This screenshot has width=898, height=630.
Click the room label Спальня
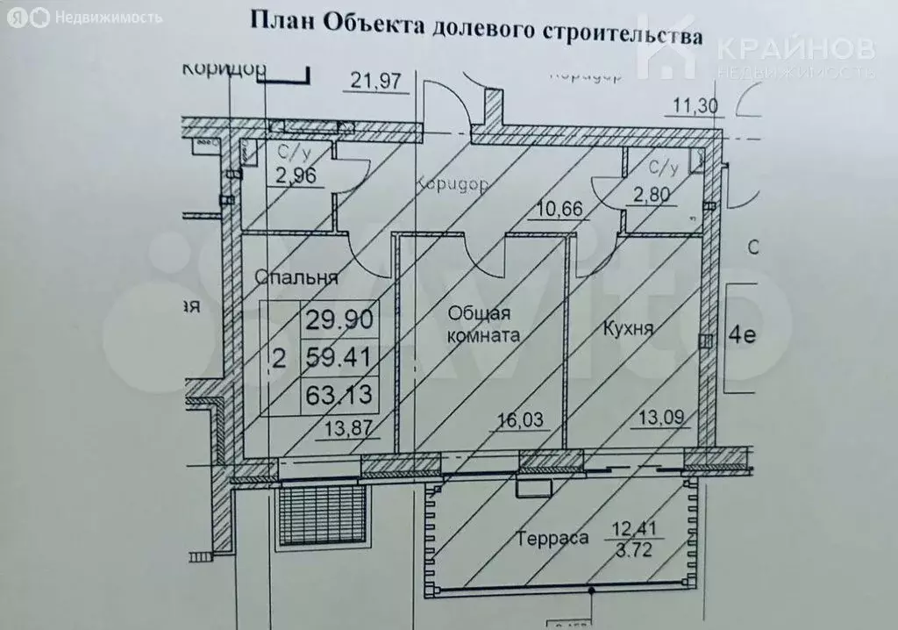(296, 278)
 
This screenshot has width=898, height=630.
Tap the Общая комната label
(484, 323)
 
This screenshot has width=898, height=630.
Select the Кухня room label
(629, 329)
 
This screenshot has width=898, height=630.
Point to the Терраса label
(552, 539)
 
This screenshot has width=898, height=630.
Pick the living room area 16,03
(522, 421)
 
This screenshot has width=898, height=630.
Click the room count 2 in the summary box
(280, 357)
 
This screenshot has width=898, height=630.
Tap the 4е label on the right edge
(742, 337)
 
